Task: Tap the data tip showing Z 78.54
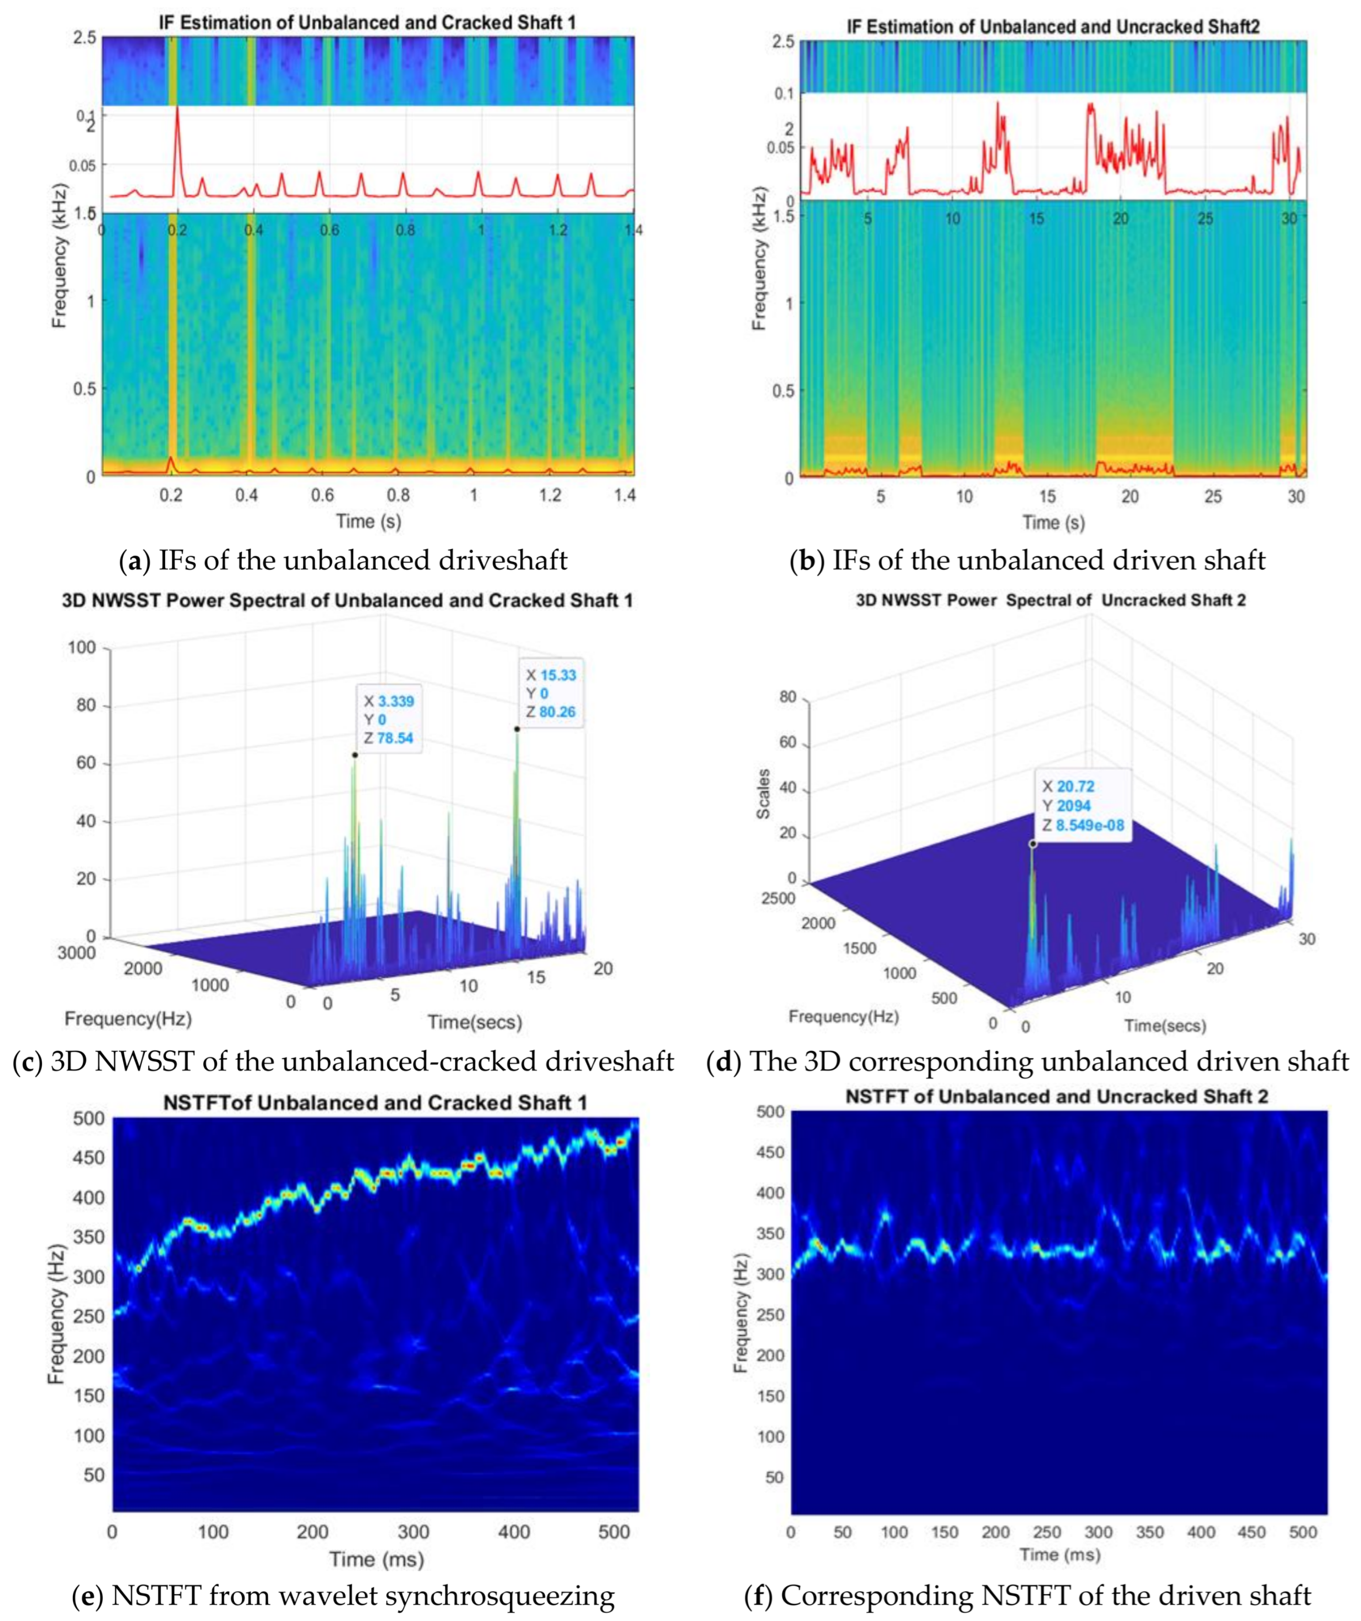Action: pos(389,719)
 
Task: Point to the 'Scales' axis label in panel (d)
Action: pos(763,794)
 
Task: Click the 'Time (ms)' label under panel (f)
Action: pos(1059,1554)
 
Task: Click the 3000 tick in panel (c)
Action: pos(77,953)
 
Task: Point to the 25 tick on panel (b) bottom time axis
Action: pos(1213,496)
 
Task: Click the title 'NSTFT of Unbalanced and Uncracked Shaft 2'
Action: pos(1057,1097)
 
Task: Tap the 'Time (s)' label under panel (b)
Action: pos(1053,522)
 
